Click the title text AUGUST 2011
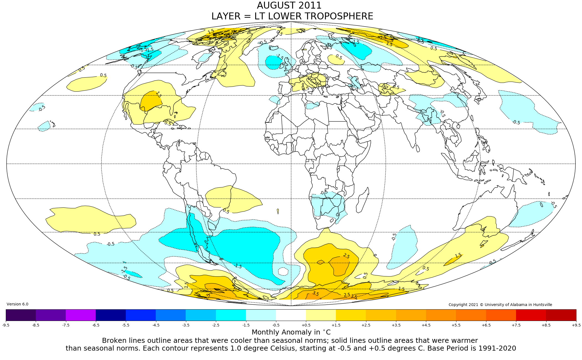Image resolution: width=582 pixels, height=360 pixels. coord(289,6)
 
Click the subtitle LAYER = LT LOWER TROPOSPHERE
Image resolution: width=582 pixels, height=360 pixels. coord(292,16)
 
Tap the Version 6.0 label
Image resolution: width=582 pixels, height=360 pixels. coord(17,304)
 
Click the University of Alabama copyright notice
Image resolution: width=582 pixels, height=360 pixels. coord(500,305)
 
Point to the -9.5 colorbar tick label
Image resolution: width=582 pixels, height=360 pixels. coord(6,325)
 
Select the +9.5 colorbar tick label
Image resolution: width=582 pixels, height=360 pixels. coord(576,325)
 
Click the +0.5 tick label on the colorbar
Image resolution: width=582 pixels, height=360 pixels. coord(306,325)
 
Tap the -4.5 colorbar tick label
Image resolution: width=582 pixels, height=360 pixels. coord(156,325)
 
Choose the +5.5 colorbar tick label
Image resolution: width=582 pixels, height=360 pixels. coord(456,325)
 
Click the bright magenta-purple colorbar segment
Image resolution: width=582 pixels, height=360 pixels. coord(81,315)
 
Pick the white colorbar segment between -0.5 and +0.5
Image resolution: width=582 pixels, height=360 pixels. coord(291,315)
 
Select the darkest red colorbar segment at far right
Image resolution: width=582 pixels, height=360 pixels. coord(561,315)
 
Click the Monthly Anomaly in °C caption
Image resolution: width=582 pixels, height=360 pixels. coord(291,332)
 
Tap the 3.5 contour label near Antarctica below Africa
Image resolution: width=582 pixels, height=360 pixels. coord(316,294)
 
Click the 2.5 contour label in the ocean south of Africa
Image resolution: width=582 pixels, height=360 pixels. coord(346,256)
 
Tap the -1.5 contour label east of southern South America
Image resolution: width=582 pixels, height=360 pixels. coord(238,266)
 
